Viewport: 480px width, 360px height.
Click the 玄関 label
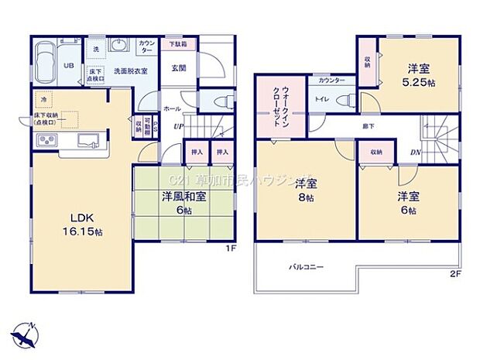click(178, 68)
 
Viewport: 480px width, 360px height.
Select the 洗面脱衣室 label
click(125, 70)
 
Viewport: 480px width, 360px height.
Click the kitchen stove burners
click(46, 140)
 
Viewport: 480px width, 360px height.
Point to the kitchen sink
click(87, 140)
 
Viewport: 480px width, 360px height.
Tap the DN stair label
click(416, 153)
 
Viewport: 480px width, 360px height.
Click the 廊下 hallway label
click(362, 125)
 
